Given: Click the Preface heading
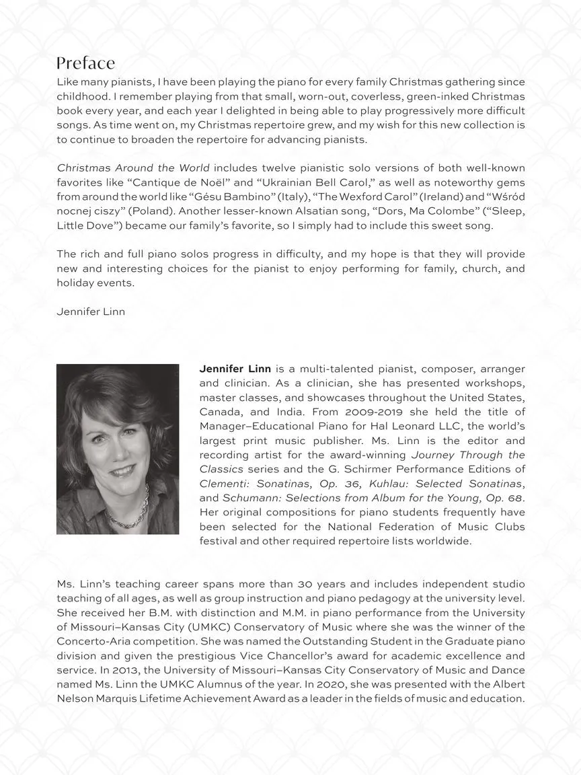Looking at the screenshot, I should pyautogui.click(x=85, y=63).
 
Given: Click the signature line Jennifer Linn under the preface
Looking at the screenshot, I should pyautogui.click(x=91, y=311).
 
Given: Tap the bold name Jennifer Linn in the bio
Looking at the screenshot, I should pyautogui.click(x=235, y=369).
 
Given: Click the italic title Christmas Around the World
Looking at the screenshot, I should pyautogui.click(x=133, y=168).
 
